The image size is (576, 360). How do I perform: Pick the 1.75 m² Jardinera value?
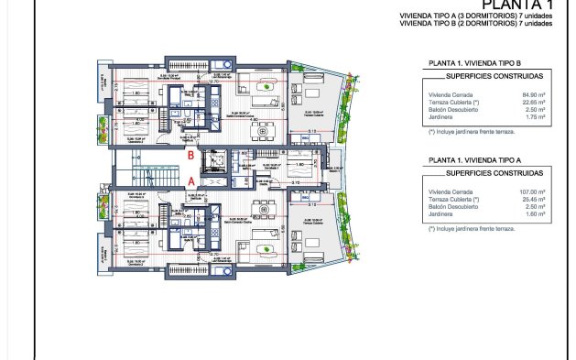[534, 116]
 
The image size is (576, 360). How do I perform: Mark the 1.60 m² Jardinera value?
[534, 213]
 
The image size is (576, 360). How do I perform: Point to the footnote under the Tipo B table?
[473, 131]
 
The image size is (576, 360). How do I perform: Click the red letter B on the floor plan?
[190, 156]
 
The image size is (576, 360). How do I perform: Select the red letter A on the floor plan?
[190, 181]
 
